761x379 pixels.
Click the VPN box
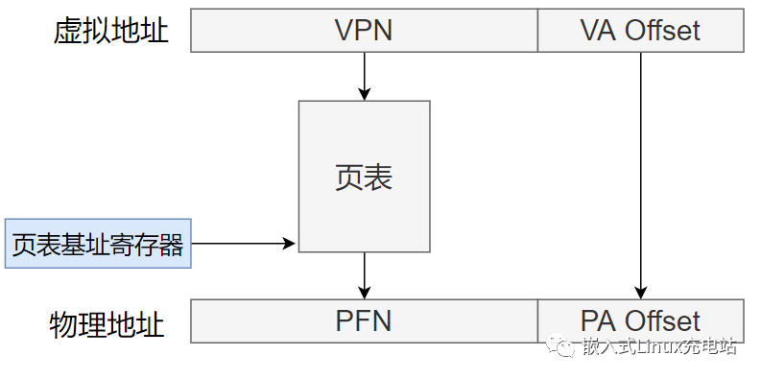[x=364, y=31]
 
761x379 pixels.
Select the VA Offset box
[x=640, y=31]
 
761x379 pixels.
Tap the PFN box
[x=364, y=320]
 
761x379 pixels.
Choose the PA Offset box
[x=640, y=320]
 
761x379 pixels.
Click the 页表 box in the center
[x=364, y=177]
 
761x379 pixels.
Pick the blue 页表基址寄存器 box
[x=98, y=245]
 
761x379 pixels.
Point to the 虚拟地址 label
[x=110, y=31]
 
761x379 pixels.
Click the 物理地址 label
[x=107, y=324]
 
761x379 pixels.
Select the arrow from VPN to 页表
[x=364, y=75]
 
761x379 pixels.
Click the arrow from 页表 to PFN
[x=364, y=274]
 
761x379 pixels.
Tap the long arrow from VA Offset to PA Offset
[x=640, y=173]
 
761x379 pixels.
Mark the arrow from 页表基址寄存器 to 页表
[x=244, y=244]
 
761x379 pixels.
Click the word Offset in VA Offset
[x=662, y=31]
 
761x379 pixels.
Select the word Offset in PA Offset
[x=662, y=320]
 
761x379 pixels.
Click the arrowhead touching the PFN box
[x=364, y=293]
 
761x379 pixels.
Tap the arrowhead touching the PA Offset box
[x=640, y=293]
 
